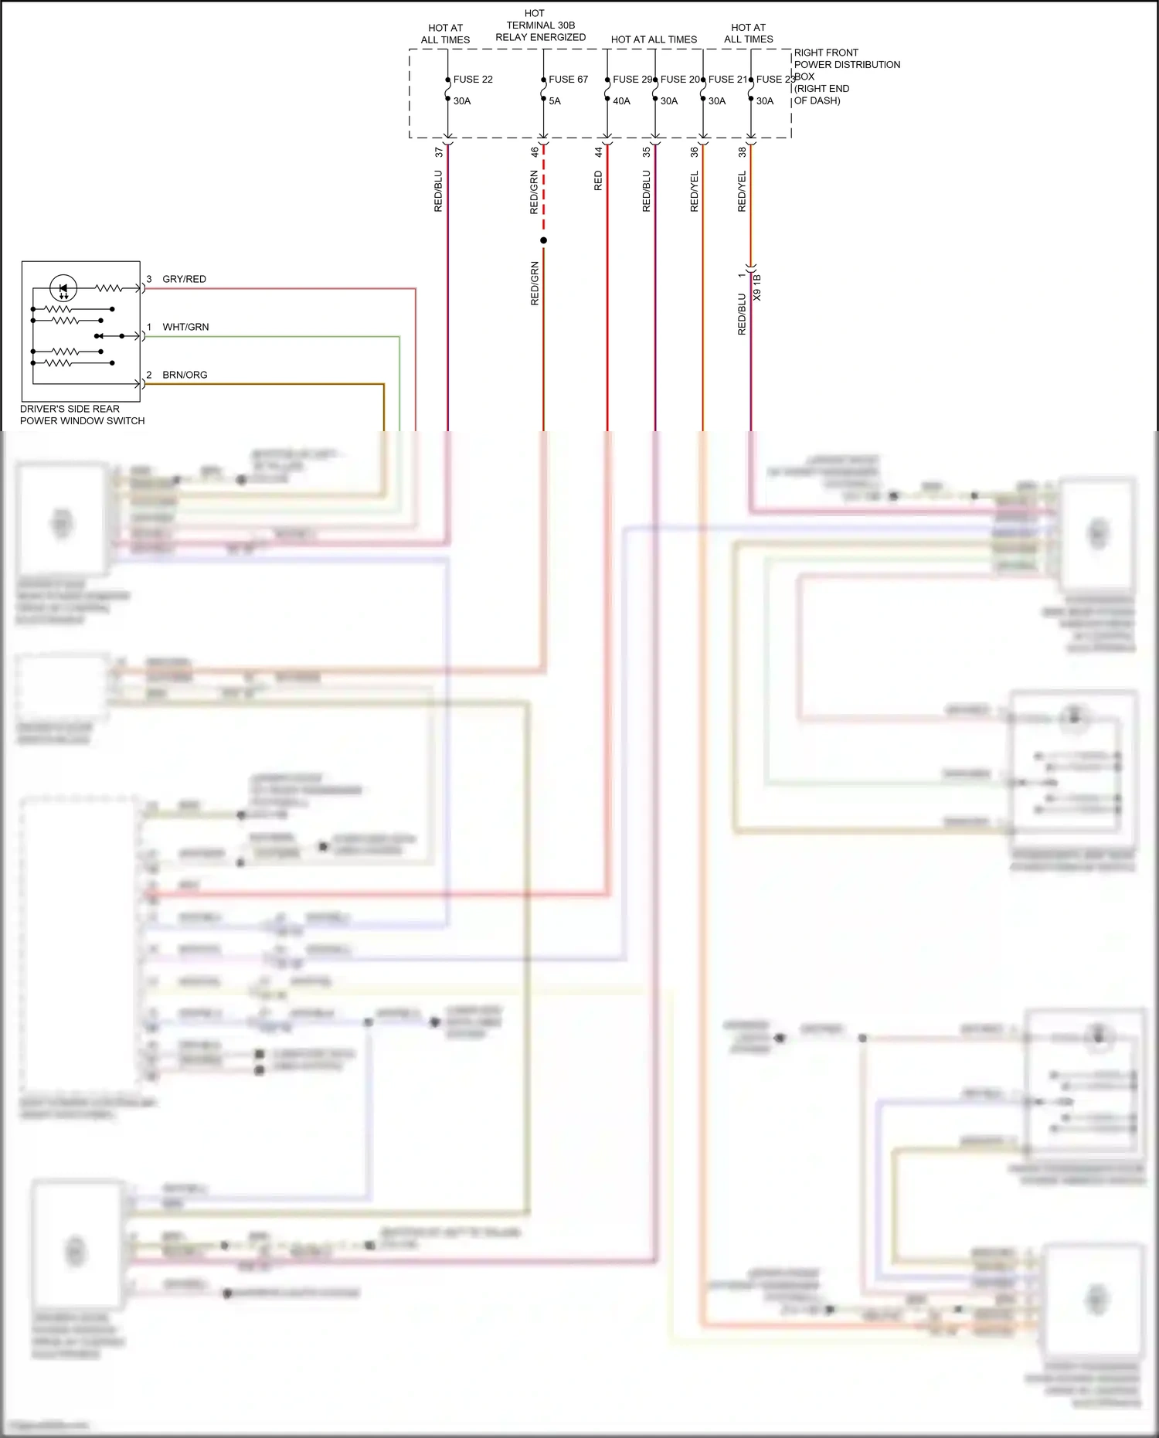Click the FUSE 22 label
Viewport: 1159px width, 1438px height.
point(472,80)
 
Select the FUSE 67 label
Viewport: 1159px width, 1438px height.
point(568,80)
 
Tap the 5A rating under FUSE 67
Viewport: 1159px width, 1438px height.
point(555,101)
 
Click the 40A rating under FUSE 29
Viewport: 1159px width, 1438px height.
point(621,101)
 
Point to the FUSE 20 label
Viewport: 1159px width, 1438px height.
point(680,80)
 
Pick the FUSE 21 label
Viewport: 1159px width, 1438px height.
point(728,80)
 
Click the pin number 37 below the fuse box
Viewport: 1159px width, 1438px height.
point(439,152)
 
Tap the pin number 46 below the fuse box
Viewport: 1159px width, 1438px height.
point(534,152)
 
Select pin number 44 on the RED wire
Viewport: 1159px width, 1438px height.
point(598,152)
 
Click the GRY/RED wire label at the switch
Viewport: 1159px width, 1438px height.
point(184,279)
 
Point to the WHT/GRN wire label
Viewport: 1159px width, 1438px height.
point(185,327)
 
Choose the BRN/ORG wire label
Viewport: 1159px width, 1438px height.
point(185,375)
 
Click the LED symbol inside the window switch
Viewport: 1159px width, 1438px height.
point(63,289)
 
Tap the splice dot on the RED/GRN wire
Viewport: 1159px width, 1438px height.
point(543,240)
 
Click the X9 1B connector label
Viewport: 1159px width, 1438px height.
point(757,287)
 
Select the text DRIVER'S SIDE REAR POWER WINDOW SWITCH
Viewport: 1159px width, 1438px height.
point(82,415)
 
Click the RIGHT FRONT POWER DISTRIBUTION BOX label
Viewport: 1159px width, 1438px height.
point(846,76)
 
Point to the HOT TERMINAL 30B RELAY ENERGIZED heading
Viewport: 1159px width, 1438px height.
point(540,25)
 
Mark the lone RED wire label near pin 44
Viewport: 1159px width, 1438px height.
point(598,182)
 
